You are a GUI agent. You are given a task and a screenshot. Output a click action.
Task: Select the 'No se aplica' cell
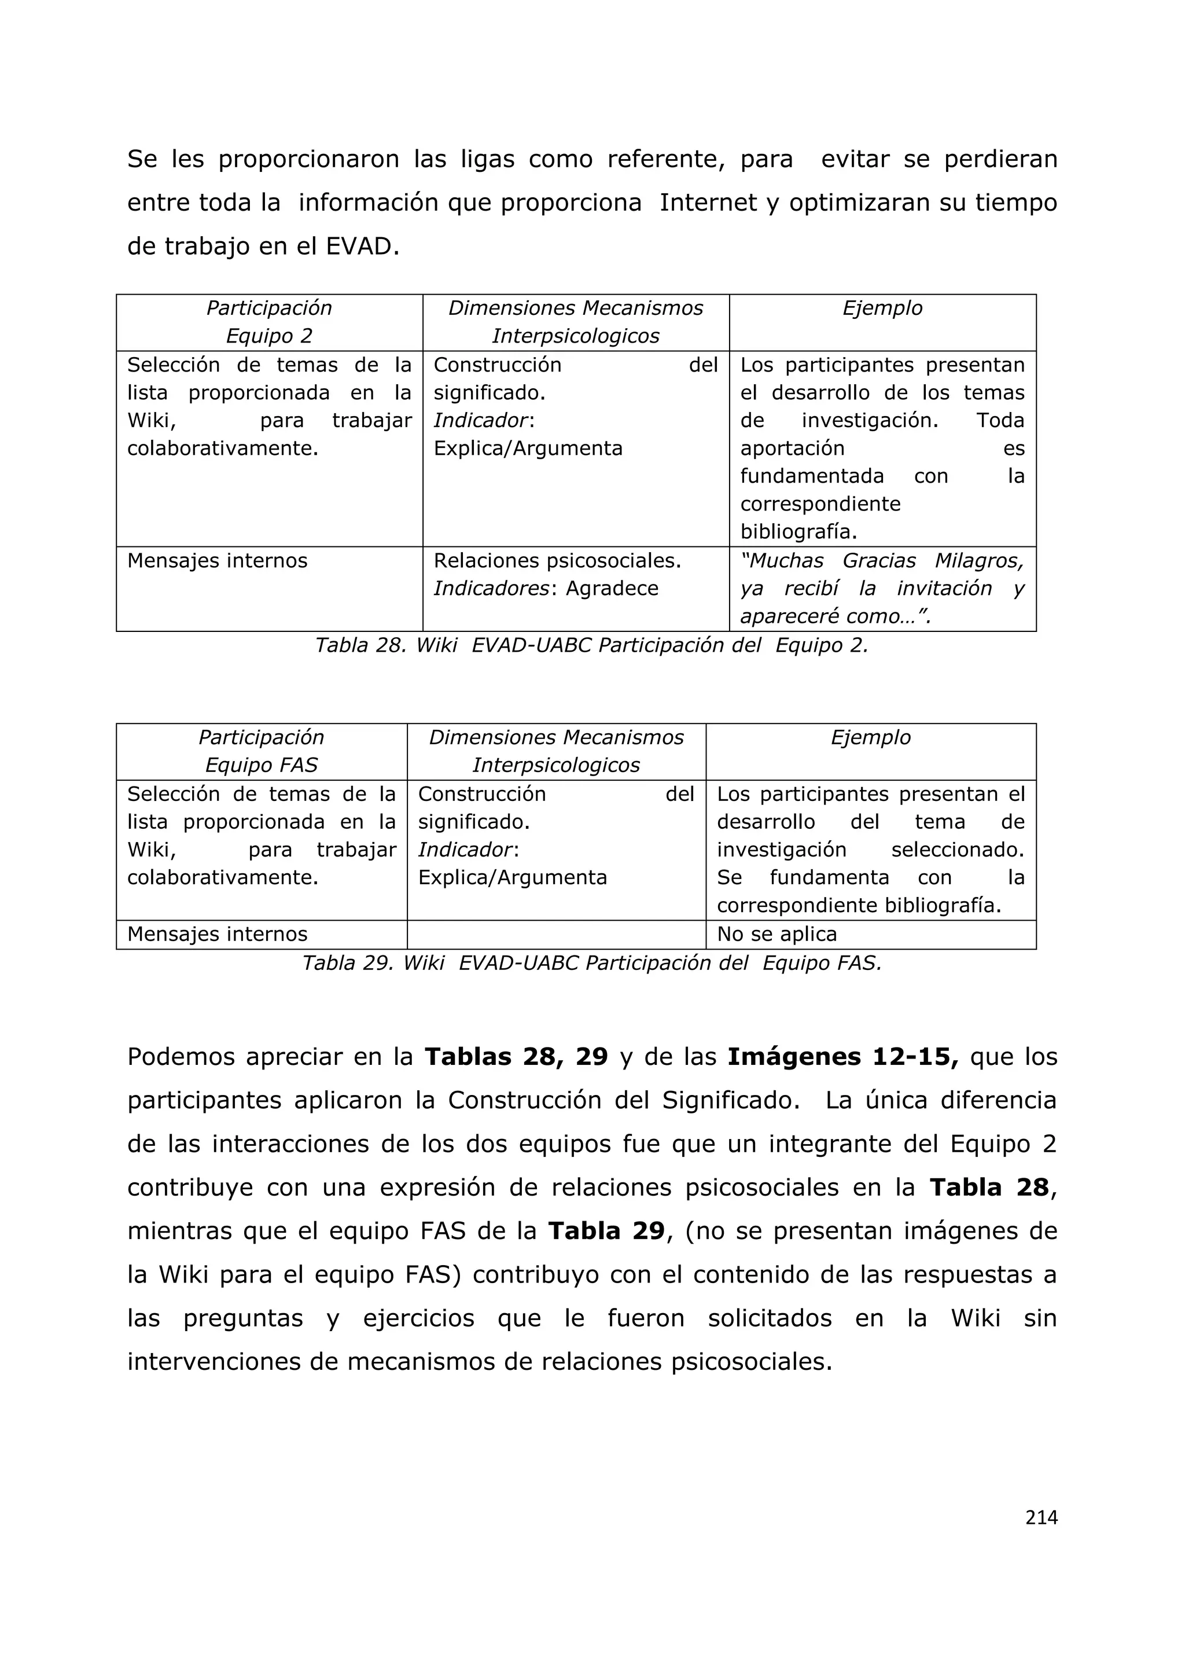[776, 934]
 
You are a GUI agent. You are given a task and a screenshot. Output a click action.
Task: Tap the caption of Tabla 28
[591, 645]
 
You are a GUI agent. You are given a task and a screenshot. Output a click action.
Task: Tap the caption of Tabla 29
[591, 964]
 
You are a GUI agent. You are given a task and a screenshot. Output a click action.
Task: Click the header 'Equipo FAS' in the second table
[261, 765]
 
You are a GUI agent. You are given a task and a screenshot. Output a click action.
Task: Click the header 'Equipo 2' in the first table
[268, 336]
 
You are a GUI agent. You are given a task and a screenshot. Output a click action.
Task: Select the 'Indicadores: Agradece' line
[546, 589]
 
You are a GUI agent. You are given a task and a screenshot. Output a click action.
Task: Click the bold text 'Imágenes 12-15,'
[843, 1057]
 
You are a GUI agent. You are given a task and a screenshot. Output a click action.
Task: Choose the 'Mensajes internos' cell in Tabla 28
[218, 561]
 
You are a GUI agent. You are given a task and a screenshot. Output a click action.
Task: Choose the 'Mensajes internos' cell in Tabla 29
[218, 934]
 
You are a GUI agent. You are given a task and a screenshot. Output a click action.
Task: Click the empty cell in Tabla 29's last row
[556, 934]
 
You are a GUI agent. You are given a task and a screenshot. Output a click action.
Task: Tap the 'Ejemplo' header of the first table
[882, 308]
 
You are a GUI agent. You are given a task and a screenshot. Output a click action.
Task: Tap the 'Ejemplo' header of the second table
[870, 737]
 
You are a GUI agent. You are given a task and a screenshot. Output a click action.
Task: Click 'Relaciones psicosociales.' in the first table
[557, 561]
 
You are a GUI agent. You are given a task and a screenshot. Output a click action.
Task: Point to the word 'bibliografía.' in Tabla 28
[798, 531]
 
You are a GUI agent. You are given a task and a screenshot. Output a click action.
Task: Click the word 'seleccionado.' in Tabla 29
[958, 850]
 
